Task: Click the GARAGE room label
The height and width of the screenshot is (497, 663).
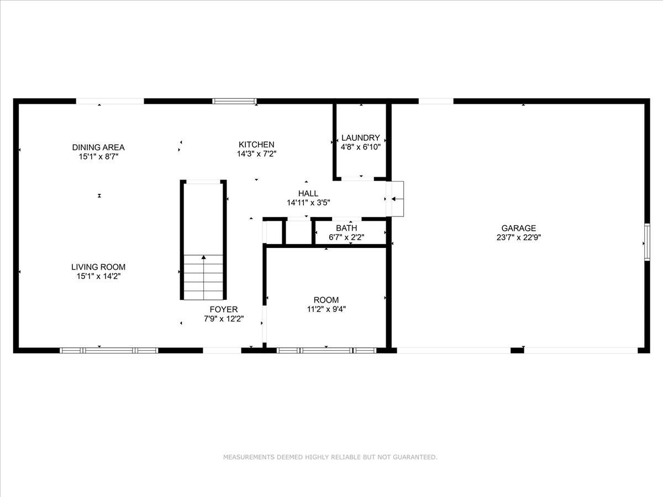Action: click(x=518, y=228)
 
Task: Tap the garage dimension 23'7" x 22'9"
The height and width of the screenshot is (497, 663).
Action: click(x=518, y=238)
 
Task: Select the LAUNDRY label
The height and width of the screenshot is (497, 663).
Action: click(x=360, y=138)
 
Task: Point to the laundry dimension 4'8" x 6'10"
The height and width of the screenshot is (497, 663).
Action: click(x=360, y=147)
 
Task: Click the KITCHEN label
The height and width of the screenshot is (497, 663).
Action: click(x=256, y=145)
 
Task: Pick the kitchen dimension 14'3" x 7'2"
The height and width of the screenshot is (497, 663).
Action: click(x=256, y=155)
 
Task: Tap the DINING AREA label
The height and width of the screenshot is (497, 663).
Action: click(x=98, y=147)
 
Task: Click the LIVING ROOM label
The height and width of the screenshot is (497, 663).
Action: click(x=98, y=267)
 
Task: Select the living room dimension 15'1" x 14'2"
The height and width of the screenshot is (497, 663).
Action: click(x=98, y=277)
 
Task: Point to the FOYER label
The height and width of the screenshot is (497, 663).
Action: click(x=224, y=309)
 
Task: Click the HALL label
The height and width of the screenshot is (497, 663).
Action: click(x=308, y=193)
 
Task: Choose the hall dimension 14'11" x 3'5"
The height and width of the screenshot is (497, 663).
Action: click(x=308, y=203)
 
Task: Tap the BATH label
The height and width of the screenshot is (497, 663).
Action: click(x=346, y=228)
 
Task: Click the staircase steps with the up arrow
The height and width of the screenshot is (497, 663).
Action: click(x=204, y=276)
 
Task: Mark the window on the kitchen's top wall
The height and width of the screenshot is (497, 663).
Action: click(x=235, y=101)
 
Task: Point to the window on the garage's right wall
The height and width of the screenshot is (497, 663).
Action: click(x=646, y=242)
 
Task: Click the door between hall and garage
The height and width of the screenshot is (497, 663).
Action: click(x=396, y=199)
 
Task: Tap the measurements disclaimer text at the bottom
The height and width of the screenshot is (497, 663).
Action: click(x=330, y=457)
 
